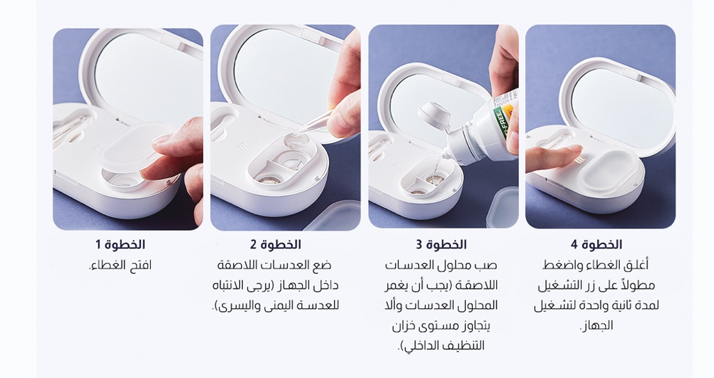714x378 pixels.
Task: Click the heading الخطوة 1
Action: click(120, 245)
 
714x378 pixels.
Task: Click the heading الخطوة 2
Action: click(276, 245)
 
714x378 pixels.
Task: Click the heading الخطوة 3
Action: click(442, 245)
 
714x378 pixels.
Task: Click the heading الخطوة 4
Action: click(596, 245)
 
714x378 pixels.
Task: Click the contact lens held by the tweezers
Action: click(296, 142)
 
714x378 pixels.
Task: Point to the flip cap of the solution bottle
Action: click(434, 115)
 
